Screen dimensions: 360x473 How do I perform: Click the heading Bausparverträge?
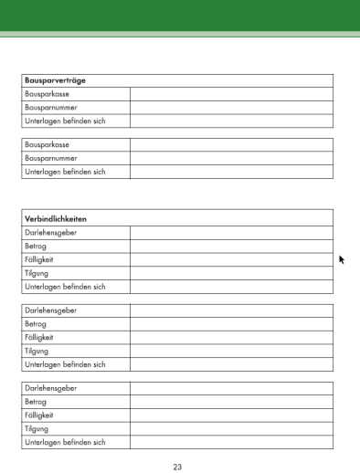click(x=55, y=81)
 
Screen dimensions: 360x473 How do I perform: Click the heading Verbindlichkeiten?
click(x=56, y=219)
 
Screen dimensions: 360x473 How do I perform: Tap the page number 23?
click(x=177, y=467)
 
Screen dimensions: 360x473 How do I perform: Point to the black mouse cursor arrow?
click(x=342, y=260)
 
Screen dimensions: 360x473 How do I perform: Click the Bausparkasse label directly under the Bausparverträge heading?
click(x=48, y=94)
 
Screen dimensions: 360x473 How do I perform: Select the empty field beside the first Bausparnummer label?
click(x=231, y=107)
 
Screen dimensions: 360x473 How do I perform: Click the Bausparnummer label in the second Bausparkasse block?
click(x=51, y=158)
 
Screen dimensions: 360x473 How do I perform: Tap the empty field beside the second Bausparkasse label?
click(x=231, y=145)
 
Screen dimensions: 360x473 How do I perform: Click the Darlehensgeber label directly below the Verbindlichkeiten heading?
click(x=51, y=233)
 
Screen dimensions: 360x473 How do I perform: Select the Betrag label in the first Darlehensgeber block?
click(x=36, y=247)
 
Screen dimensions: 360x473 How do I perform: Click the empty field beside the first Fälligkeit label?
click(x=231, y=260)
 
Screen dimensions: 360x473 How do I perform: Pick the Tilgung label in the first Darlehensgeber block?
click(x=37, y=273)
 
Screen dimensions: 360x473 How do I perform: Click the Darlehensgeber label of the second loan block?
click(x=51, y=310)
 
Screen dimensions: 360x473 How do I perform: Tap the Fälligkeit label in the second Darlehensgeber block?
click(x=39, y=337)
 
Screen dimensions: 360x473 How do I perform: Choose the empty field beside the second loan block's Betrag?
click(x=231, y=324)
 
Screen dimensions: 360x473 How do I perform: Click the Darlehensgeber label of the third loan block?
click(x=51, y=389)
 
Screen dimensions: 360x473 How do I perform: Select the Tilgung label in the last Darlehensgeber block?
click(x=37, y=428)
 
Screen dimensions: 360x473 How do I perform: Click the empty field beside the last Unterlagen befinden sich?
click(x=231, y=442)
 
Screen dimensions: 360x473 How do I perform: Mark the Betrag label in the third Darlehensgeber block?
click(x=36, y=402)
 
